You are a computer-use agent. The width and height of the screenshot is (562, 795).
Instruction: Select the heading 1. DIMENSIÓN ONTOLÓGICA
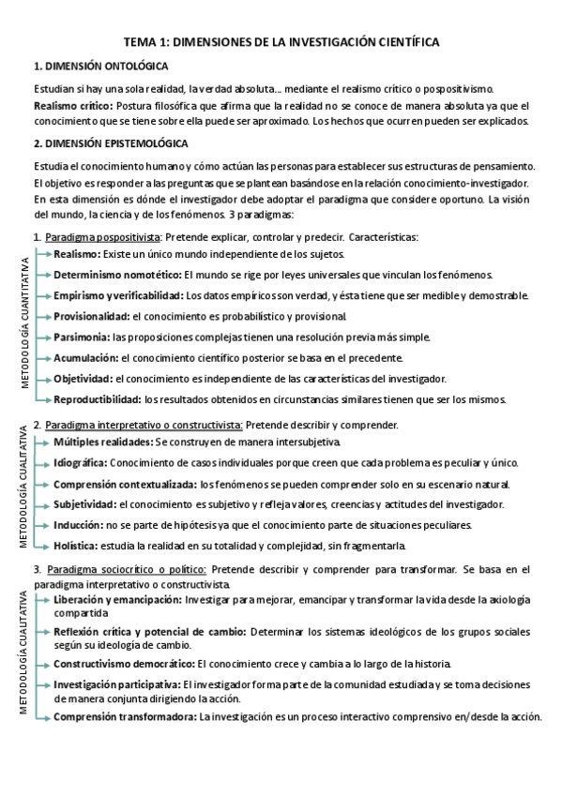(100, 67)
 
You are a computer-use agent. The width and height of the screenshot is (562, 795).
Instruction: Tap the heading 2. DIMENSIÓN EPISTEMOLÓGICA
(111, 143)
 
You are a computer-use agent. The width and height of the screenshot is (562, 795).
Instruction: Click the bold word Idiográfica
(81, 462)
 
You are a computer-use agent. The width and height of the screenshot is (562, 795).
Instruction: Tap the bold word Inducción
(79, 525)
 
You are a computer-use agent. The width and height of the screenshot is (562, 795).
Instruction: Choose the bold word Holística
(76, 546)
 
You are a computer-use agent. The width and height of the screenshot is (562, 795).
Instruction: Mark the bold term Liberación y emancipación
(117, 598)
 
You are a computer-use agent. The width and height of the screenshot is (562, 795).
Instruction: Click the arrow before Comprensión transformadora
(42, 716)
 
